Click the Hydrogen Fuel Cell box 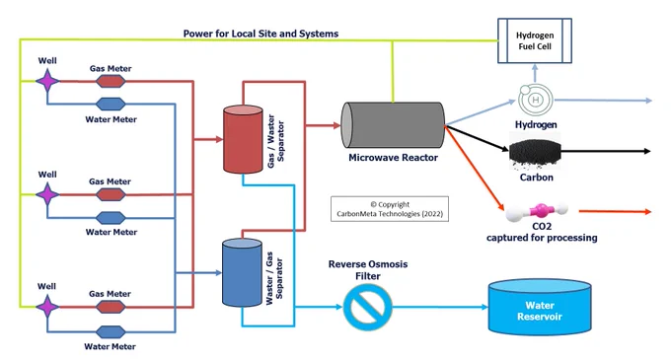click(x=535, y=40)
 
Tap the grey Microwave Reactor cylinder click(x=393, y=125)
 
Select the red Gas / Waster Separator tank click(x=243, y=139)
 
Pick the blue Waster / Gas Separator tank click(x=242, y=273)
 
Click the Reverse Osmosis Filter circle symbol click(x=368, y=307)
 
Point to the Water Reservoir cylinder click(x=540, y=306)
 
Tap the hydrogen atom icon click(x=535, y=100)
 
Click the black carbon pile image click(x=535, y=151)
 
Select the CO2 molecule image click(x=537, y=211)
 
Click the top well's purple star click(x=47, y=81)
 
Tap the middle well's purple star click(x=47, y=194)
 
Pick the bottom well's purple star click(x=47, y=307)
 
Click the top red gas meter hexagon click(x=111, y=81)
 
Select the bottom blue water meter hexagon click(x=111, y=331)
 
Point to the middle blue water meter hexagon click(x=111, y=218)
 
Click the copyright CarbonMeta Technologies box click(x=390, y=209)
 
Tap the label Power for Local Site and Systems click(x=261, y=34)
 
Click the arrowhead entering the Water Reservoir click(x=485, y=307)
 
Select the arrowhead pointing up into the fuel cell click(x=535, y=67)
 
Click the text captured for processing click(x=542, y=238)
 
